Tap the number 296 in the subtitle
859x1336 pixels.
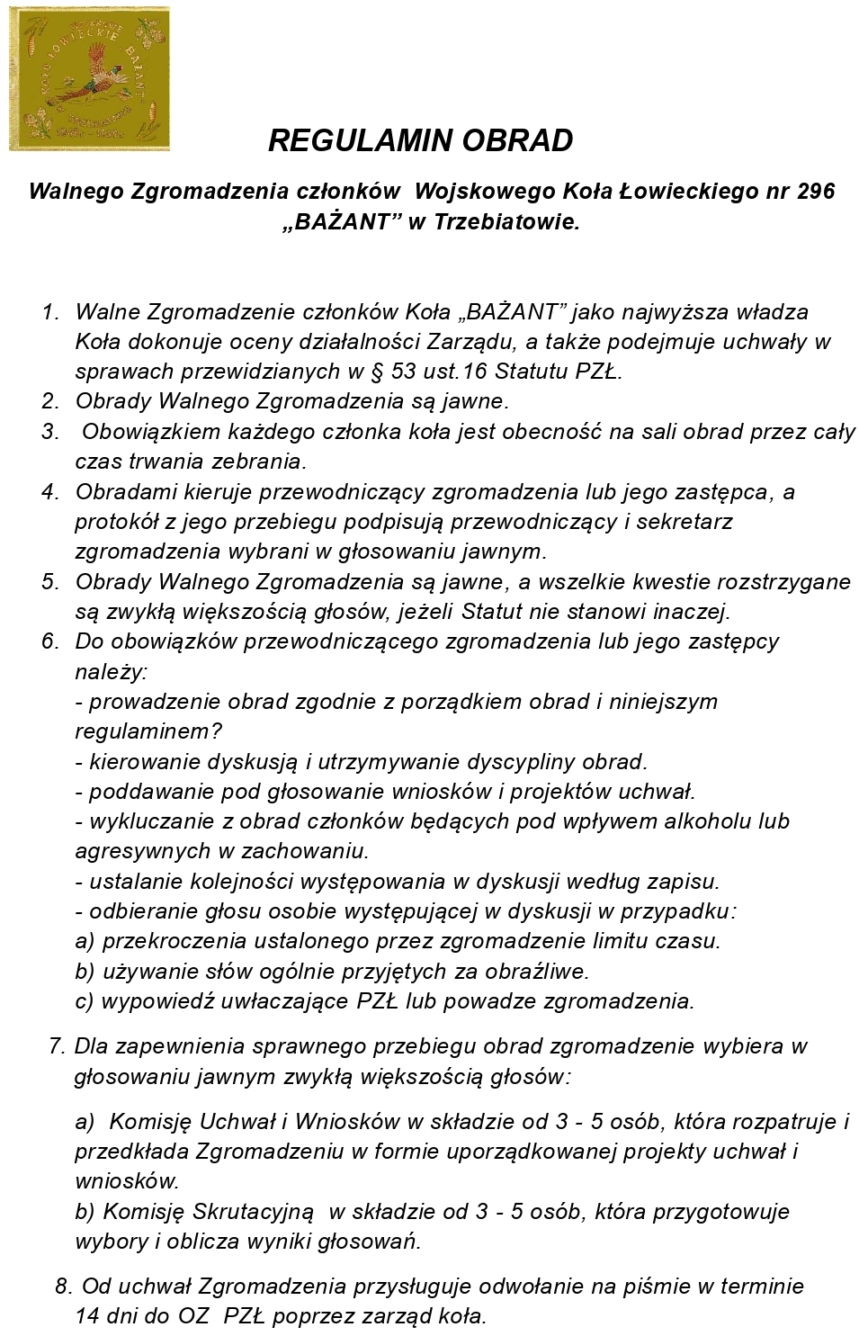point(815,191)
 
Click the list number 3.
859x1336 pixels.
point(49,432)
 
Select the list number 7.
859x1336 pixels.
point(57,1046)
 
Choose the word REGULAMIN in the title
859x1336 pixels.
point(345,140)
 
